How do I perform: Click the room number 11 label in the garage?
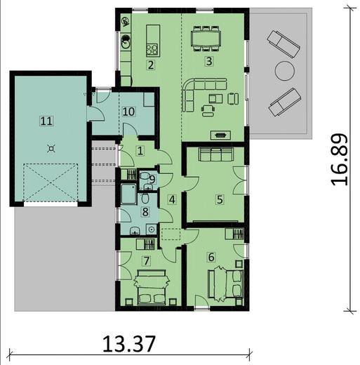point(46,121)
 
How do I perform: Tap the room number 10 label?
point(128,112)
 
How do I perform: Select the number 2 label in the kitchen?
point(151,65)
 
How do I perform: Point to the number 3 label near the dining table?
point(209,61)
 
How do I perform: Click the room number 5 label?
point(220,199)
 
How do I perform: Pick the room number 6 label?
point(211,257)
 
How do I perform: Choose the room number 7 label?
point(147,261)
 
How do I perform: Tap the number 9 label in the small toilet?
point(152,180)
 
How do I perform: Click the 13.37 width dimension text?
point(129,344)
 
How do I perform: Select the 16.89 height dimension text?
point(340,159)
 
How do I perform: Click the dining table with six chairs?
point(206,39)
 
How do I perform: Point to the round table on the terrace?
point(284,71)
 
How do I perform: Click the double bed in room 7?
point(152,287)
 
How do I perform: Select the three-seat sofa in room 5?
point(215,154)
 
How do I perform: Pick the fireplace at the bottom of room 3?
point(220,135)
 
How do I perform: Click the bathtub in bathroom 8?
point(128,194)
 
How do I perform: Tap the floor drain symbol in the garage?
point(51,148)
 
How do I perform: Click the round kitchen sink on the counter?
point(126,41)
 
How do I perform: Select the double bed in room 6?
point(225,284)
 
